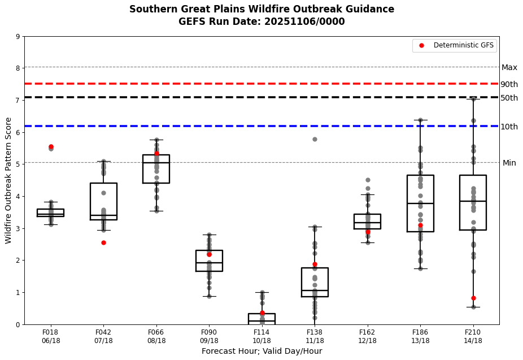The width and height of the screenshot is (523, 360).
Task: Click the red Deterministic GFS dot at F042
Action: [103, 242]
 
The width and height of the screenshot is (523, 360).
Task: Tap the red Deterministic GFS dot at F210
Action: [473, 298]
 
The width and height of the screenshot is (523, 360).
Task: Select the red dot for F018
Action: [51, 146]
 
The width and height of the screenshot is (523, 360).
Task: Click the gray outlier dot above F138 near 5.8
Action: [315, 139]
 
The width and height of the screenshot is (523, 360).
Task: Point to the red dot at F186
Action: [420, 225]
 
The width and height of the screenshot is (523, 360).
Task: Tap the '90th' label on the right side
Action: [509, 84]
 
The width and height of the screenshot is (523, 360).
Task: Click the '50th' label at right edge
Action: [509, 98]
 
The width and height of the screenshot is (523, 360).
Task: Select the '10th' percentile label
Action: [509, 127]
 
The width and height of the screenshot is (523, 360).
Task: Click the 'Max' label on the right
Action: [509, 67]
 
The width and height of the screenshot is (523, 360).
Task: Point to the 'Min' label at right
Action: [509, 163]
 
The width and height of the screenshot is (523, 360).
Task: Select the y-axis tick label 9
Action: [18, 37]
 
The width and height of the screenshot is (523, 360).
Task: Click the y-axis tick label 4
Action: [18, 197]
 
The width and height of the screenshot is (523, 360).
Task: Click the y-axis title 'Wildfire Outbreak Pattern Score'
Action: [8, 180]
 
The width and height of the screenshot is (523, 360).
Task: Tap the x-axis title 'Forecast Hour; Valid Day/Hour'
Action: [261, 351]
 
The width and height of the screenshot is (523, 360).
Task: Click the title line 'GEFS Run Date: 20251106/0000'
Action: [261, 21]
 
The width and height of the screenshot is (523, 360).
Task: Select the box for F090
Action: [209, 261]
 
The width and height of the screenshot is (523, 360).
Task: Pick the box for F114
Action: [261, 319]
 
